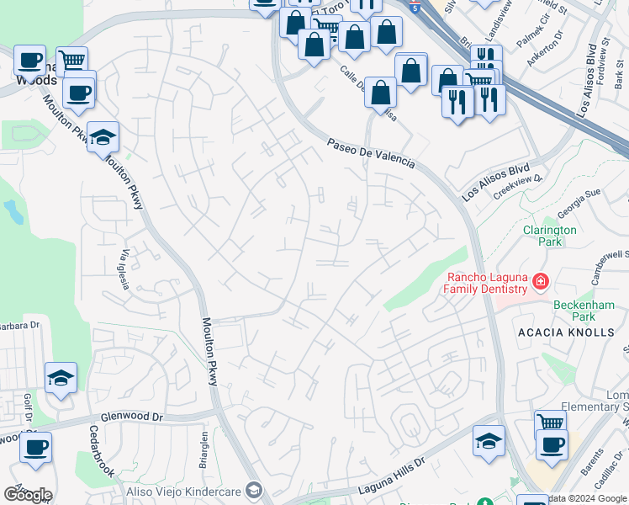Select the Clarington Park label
tap(549, 235)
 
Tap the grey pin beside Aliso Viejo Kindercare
tap(255, 491)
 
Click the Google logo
tap(28, 495)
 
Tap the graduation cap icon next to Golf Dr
tap(61, 378)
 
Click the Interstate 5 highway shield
tap(415, 7)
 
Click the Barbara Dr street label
tap(18, 325)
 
